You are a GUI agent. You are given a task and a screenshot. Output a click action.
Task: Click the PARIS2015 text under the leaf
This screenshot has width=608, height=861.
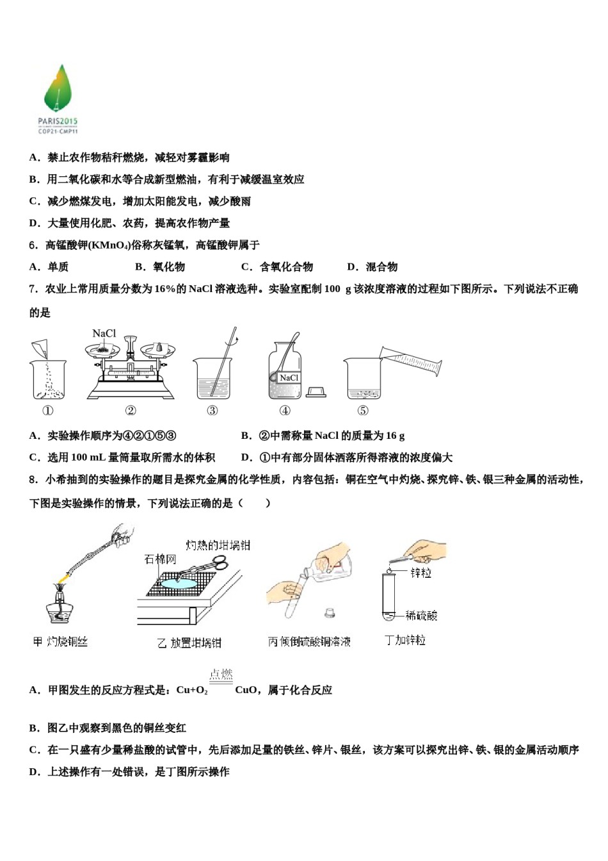pyautogui.click(x=58, y=120)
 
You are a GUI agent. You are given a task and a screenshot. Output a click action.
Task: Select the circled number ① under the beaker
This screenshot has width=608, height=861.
pyautogui.click(x=47, y=411)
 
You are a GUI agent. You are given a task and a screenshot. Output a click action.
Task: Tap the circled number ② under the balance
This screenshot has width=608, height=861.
pyautogui.click(x=130, y=411)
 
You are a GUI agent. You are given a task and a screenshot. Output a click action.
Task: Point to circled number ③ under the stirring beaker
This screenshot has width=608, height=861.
pyautogui.click(x=212, y=411)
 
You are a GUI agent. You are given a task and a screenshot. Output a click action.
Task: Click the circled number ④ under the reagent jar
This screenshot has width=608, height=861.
pyautogui.click(x=285, y=411)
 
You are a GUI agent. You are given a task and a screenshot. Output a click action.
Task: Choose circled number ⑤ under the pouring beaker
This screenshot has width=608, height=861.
pyautogui.click(x=362, y=411)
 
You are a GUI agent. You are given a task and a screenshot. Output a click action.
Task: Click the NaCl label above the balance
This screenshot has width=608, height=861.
pyautogui.click(x=104, y=333)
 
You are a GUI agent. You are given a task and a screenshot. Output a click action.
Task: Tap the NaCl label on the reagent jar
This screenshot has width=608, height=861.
pyautogui.click(x=289, y=377)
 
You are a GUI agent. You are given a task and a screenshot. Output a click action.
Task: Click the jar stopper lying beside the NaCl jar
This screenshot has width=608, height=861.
pyautogui.click(x=316, y=391)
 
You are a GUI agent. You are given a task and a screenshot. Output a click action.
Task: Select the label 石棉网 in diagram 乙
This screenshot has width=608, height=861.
pyautogui.click(x=160, y=559)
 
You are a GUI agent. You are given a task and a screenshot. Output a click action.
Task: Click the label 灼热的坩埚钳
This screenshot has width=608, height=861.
pyautogui.click(x=218, y=545)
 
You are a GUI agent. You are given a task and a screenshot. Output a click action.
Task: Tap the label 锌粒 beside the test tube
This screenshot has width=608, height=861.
pyautogui.click(x=420, y=572)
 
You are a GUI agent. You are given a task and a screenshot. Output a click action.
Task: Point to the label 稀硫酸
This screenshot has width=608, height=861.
pyautogui.click(x=422, y=616)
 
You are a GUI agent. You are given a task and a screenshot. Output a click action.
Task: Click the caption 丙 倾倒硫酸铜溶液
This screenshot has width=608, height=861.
pyautogui.click(x=309, y=641)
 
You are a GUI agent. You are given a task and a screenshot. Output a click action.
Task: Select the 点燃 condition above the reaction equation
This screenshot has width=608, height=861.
pyautogui.click(x=221, y=674)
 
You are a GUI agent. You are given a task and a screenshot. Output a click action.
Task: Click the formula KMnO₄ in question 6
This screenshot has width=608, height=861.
pyautogui.click(x=109, y=245)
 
